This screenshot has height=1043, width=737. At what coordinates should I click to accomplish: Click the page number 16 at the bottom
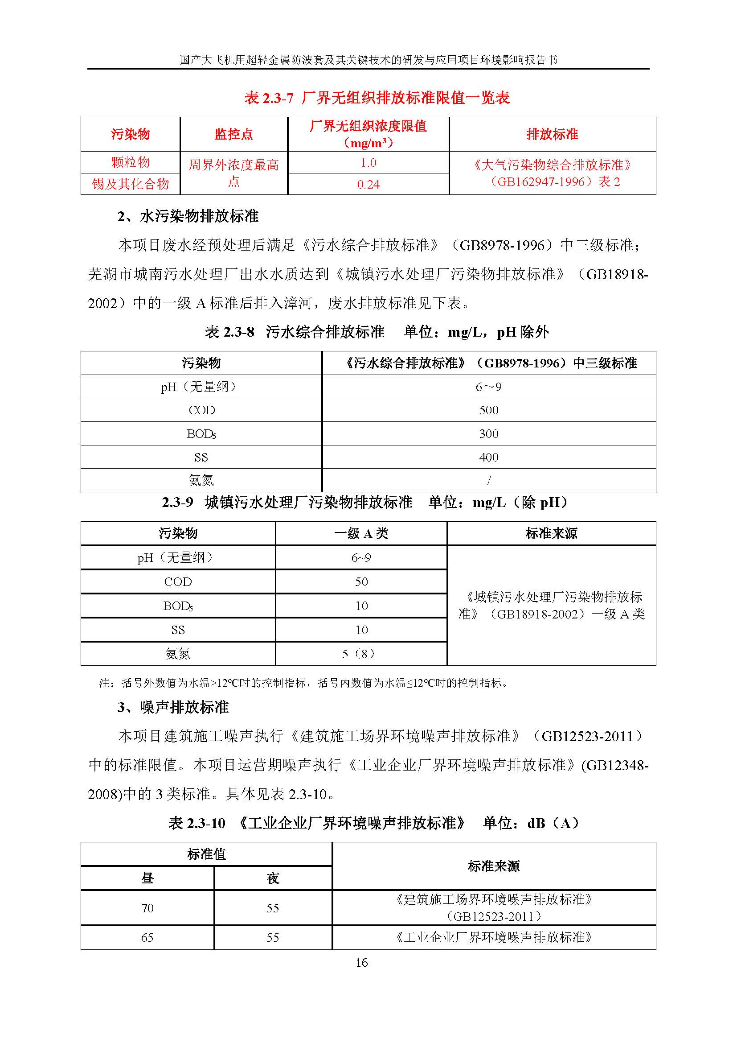click(362, 963)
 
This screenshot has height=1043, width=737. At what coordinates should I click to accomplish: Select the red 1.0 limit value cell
click(368, 163)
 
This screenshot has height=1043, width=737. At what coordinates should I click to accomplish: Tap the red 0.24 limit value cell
click(368, 185)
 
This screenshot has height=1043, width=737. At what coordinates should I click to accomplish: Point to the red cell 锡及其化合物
click(130, 184)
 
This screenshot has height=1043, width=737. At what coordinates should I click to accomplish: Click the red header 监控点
click(234, 135)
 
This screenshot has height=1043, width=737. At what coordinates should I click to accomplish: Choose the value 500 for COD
click(489, 410)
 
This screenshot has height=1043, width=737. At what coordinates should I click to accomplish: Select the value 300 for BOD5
click(489, 434)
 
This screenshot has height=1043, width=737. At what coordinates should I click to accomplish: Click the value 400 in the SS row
click(489, 458)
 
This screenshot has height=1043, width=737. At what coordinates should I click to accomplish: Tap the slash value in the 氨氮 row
click(489, 480)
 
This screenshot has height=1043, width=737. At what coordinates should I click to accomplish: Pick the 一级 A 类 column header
click(361, 533)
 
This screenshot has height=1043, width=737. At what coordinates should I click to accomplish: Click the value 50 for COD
click(361, 582)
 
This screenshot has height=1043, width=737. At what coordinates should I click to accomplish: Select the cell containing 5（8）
click(361, 654)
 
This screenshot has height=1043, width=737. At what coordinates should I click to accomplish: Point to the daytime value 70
click(147, 908)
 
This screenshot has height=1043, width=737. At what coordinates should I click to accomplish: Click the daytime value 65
click(147, 938)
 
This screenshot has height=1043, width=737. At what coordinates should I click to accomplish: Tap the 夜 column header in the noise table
click(273, 878)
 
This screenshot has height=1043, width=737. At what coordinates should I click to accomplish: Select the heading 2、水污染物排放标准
click(188, 216)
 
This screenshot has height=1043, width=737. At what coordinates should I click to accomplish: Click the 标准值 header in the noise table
click(206, 854)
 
